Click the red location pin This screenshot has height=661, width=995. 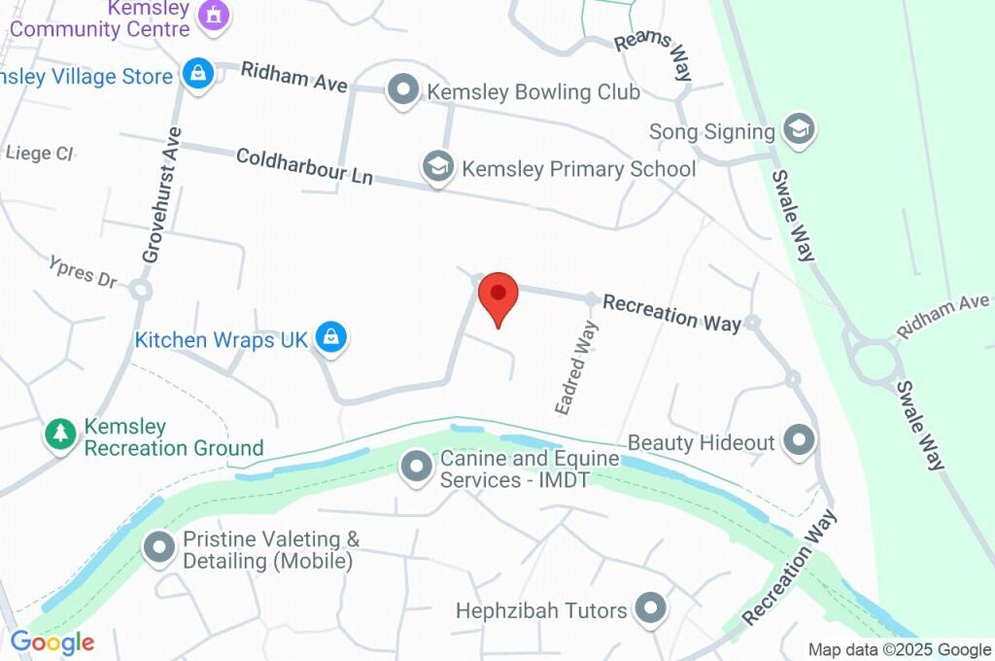(498, 295)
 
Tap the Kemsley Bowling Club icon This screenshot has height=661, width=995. (401, 91)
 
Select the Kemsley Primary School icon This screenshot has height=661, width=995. (438, 167)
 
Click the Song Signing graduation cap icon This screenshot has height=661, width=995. (799, 129)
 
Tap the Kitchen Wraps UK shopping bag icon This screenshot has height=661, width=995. (331, 339)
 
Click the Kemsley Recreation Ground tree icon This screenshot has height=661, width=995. (61, 435)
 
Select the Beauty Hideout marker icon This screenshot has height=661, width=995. (799, 441)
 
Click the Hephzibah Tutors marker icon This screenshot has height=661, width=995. (650, 609)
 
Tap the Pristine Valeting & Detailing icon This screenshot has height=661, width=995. (158, 548)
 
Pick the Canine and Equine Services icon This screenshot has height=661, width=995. (417, 467)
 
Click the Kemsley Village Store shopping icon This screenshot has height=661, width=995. (198, 74)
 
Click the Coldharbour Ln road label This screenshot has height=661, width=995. (304, 166)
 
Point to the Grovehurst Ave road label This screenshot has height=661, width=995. (161, 195)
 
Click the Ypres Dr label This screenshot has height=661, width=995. (84, 271)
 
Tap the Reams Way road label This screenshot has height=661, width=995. (657, 55)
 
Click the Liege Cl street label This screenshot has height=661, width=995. (40, 153)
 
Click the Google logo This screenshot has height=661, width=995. (52, 642)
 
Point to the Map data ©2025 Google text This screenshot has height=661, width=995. (899, 649)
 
